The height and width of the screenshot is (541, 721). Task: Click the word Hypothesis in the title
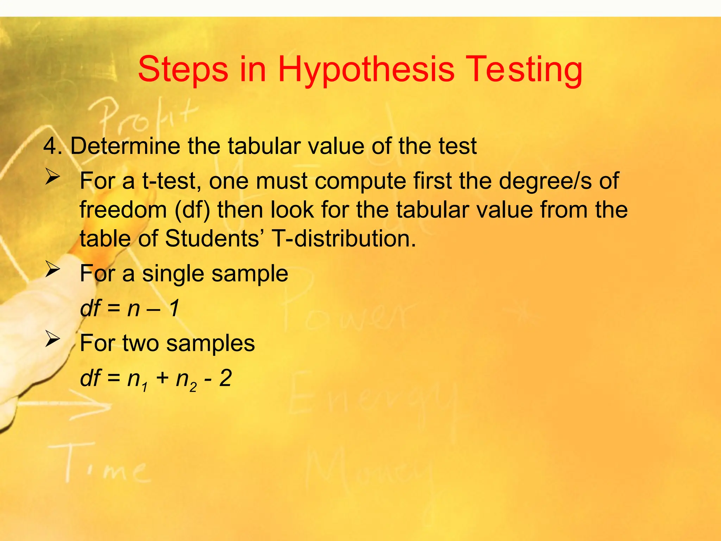[x=366, y=69]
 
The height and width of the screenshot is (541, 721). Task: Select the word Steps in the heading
[x=183, y=69]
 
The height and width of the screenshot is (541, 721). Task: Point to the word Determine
[x=125, y=146]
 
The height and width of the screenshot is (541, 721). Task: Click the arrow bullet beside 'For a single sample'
[x=52, y=270]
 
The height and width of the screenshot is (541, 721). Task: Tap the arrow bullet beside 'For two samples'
[x=52, y=340]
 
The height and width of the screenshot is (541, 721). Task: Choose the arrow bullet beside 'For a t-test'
[x=52, y=178]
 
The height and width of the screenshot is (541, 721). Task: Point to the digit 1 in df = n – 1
[x=174, y=308]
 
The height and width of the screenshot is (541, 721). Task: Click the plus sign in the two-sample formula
[x=162, y=379]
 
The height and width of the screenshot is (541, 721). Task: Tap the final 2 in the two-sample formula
[x=225, y=378]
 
